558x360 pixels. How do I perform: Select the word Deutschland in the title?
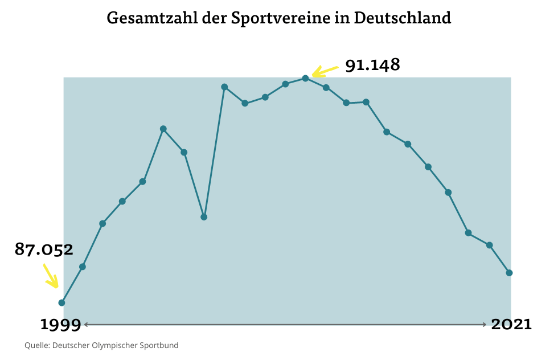402,18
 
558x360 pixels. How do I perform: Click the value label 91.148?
372,65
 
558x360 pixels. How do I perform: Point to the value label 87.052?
44,249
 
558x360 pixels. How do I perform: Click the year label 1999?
60,325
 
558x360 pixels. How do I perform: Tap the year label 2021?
511,325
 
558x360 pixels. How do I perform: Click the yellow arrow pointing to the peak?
325,71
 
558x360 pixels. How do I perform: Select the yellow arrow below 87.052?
51,276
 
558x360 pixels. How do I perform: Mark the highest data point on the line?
305,78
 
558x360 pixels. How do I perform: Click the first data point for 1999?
61,302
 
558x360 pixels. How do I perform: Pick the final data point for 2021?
509,273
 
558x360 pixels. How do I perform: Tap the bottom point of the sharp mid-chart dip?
204,217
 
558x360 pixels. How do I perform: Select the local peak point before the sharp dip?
163,129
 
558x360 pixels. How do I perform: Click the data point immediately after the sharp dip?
224,87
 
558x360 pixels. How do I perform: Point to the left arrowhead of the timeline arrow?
86,325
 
